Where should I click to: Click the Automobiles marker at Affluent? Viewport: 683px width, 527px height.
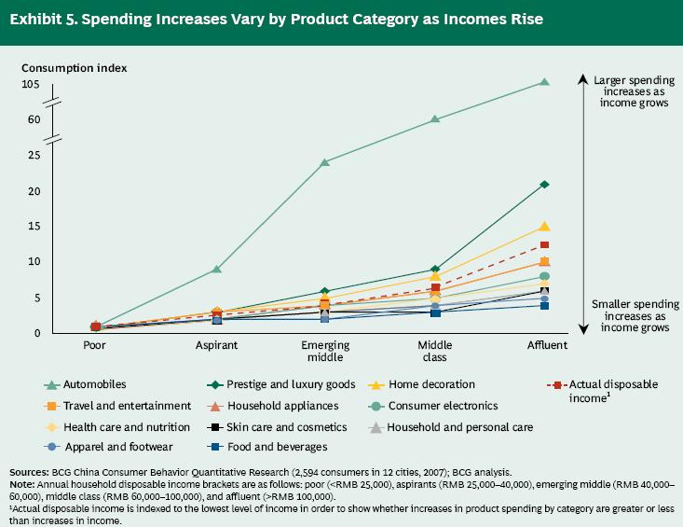pos(544,82)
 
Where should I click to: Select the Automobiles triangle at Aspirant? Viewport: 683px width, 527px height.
pos(217,269)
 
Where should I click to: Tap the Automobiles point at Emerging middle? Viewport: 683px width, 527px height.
pos(325,162)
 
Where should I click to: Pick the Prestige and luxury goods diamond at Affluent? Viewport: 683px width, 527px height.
pos(544,185)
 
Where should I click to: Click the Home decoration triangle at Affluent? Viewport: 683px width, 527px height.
pos(544,227)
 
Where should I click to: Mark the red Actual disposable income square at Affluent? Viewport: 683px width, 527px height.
pos(544,245)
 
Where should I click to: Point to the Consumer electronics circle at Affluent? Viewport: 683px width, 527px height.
pos(544,277)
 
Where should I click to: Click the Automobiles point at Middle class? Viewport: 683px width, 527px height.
pos(435,119)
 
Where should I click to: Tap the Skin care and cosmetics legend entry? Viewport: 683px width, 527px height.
pos(291,427)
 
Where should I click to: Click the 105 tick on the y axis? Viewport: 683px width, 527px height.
pos(32,84)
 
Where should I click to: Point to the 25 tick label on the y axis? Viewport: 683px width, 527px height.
pos(34,155)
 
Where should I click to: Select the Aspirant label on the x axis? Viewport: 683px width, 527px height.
pos(216,345)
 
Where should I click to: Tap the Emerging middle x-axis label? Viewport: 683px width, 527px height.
pos(325,351)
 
